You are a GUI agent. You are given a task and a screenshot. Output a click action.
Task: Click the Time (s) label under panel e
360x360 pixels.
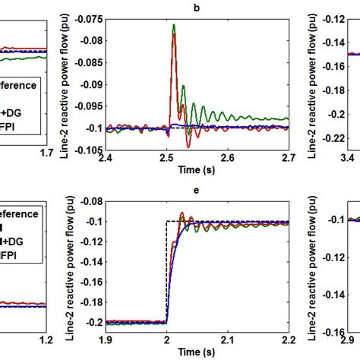pos(196,352)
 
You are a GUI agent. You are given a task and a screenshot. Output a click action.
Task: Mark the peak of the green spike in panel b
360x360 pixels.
pos(173,25)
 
